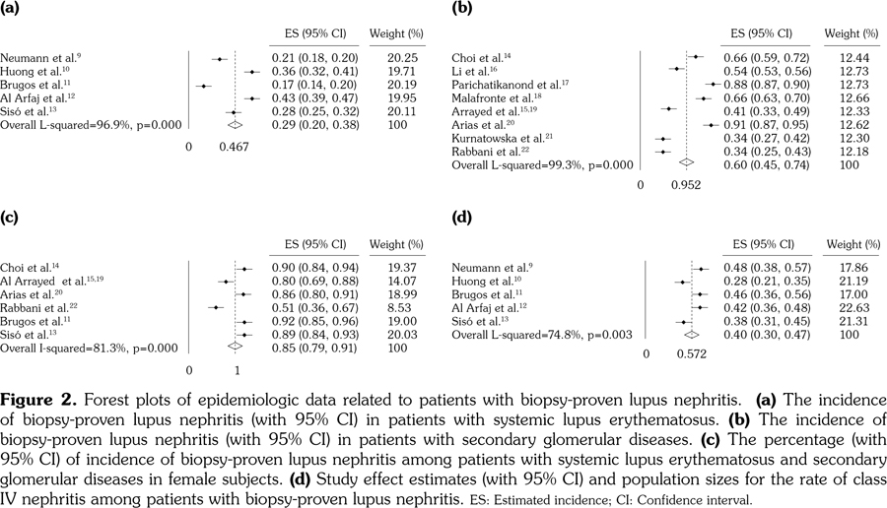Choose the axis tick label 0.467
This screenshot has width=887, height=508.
(x=234, y=147)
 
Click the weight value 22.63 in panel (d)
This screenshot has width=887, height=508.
(x=851, y=307)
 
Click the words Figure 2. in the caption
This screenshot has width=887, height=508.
(x=35, y=400)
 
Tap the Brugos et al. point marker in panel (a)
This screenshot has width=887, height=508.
(x=204, y=86)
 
